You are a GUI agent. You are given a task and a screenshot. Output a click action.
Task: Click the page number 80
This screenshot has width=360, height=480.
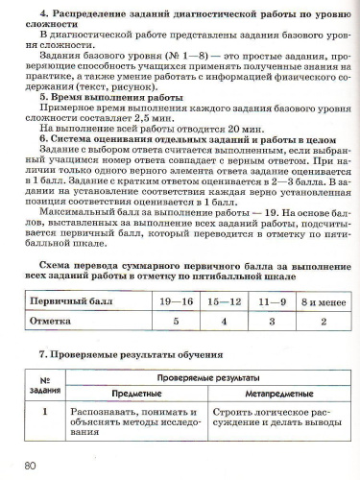pos(30,466)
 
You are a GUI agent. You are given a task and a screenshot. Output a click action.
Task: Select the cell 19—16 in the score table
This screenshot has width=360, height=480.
pos(177,301)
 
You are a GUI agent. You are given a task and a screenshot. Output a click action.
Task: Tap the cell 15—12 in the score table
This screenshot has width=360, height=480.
pos(225,301)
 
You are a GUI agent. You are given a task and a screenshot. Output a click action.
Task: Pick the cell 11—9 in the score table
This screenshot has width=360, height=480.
pos(272,301)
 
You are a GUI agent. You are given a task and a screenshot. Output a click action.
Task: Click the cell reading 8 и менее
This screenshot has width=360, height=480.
pos(321,301)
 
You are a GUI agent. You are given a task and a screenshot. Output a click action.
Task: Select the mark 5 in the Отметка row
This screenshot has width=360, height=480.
pos(177,322)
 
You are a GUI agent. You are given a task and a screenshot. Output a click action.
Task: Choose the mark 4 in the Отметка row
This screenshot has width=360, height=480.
pos(225,322)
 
